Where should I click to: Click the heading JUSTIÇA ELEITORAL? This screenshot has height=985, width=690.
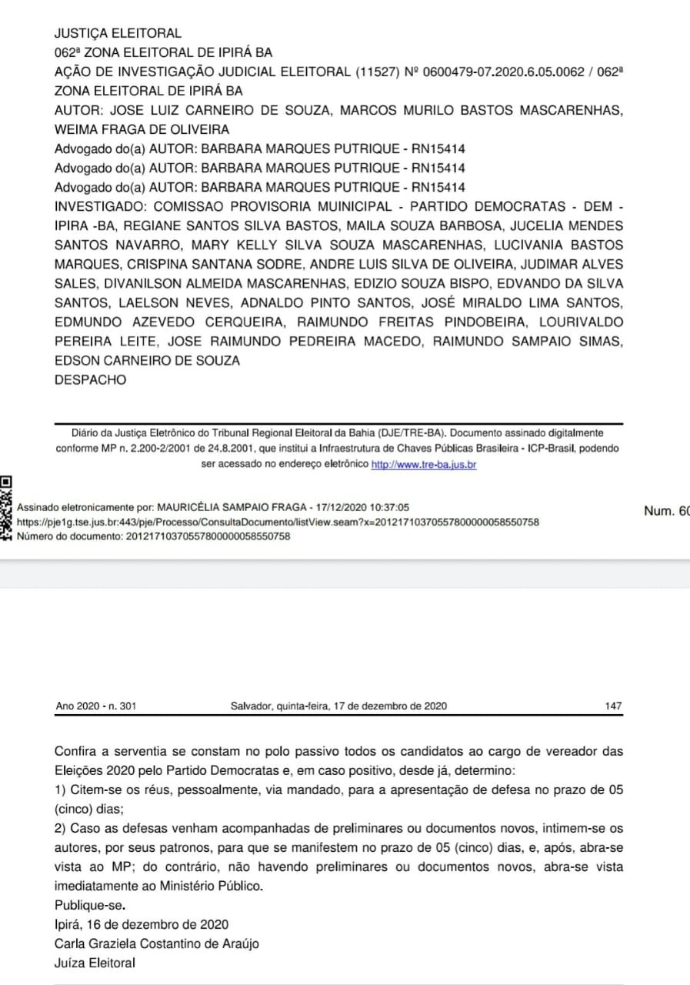(118, 34)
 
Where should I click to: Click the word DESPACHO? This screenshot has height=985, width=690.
(91, 379)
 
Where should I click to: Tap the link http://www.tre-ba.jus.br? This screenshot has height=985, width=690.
(424, 465)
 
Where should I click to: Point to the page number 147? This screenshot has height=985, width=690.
(613, 706)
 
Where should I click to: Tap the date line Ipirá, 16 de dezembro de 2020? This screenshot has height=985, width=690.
(142, 924)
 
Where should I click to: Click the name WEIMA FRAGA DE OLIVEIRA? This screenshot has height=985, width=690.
(142, 129)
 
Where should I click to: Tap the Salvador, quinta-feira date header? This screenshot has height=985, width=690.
(338, 706)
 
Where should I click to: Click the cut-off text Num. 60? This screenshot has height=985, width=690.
(667, 510)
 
